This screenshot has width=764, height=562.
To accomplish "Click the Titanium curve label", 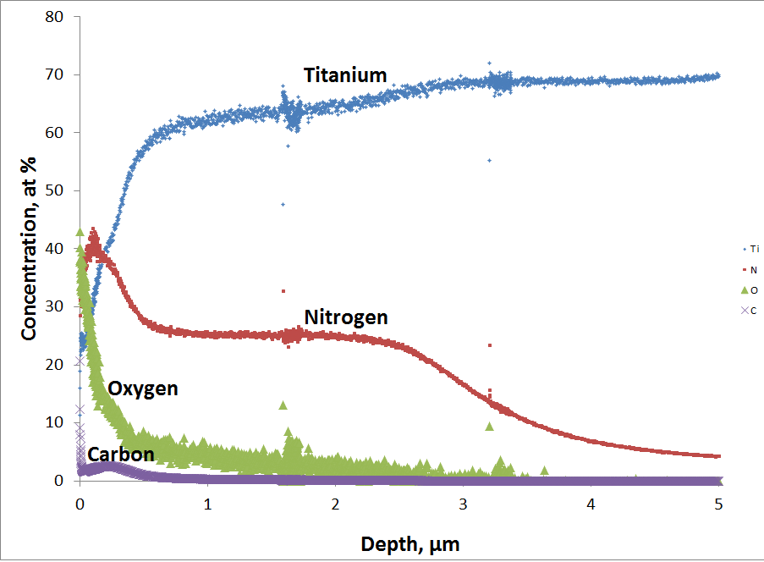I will click(x=345, y=75).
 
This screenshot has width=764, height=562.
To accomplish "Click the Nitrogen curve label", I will click(x=346, y=317).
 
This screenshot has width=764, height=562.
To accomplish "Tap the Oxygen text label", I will click(x=143, y=388).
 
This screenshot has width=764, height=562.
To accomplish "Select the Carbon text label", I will click(x=121, y=455).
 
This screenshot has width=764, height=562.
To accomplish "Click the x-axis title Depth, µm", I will click(x=399, y=541).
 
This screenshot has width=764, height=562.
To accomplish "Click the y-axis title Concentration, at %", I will click(x=30, y=247).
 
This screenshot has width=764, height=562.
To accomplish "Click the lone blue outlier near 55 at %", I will click(x=488, y=160).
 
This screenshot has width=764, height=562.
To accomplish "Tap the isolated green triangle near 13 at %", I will click(x=283, y=405).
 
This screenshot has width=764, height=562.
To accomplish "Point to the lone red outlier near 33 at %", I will click(x=283, y=291).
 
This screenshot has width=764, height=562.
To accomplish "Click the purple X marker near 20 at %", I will click(x=80, y=361).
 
